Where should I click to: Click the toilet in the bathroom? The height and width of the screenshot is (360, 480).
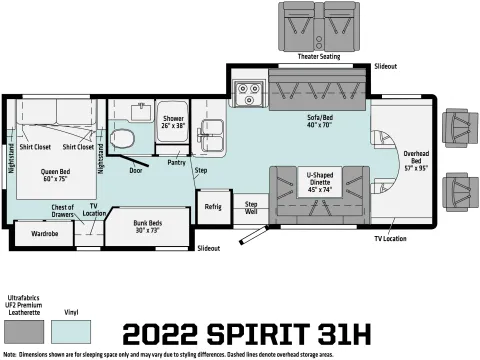122,139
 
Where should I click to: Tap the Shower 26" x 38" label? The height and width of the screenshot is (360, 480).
173,122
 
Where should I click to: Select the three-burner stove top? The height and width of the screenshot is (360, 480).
248,92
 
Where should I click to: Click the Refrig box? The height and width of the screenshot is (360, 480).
213,207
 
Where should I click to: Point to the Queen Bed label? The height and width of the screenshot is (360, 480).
55,175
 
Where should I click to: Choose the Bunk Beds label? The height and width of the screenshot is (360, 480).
148,226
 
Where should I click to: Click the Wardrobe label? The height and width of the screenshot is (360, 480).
45,233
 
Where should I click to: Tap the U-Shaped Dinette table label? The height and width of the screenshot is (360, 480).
320,182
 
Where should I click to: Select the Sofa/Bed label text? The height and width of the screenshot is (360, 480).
320,121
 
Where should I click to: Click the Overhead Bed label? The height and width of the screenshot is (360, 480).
416,161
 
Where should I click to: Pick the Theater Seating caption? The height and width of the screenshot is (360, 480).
319,56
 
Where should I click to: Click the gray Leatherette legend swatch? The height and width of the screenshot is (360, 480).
24,332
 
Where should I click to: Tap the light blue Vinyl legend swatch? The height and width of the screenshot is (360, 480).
71,332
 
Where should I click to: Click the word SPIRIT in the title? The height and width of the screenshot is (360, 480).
258,334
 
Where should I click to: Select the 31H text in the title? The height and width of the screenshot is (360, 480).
345,334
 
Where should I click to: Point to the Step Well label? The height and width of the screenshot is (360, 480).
251,207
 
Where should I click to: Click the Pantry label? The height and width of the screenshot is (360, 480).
176,162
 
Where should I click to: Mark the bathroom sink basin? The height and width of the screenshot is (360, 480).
142,112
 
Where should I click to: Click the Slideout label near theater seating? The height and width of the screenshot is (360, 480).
386,66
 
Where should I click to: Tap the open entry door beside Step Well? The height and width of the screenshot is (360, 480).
254,235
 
